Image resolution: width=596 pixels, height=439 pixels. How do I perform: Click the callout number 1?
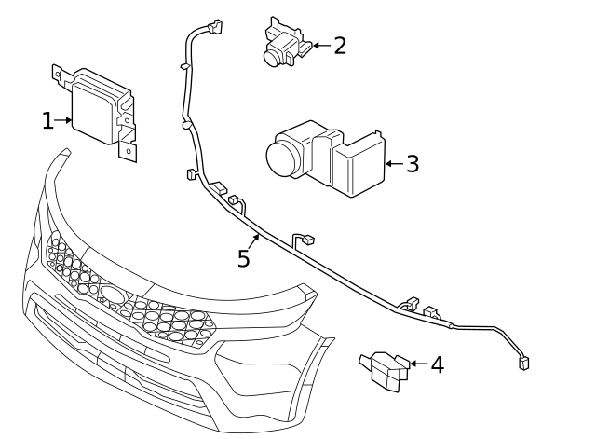click(47, 120)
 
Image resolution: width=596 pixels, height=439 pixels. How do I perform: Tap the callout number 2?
click(340, 45)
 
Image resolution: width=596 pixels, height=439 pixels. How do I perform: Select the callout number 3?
click(413, 164)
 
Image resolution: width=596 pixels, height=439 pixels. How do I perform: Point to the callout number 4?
click(437, 364)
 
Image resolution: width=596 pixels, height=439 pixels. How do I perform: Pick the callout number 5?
click(244, 258)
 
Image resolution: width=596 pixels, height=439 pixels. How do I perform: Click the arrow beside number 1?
click(64, 120)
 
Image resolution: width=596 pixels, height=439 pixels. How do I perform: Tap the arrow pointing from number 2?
click(319, 45)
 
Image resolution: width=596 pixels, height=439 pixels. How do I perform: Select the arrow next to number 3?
click(393, 164)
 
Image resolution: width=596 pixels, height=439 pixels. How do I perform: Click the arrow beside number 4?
click(417, 364)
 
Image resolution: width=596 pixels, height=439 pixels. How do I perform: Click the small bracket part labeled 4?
click(385, 369)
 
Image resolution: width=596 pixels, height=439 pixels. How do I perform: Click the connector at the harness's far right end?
click(524, 363)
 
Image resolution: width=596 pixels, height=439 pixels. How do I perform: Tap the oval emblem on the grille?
click(115, 295)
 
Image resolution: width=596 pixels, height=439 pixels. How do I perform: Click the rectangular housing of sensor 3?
click(357, 165)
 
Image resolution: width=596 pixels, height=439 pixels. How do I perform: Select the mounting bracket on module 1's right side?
click(125, 130)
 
